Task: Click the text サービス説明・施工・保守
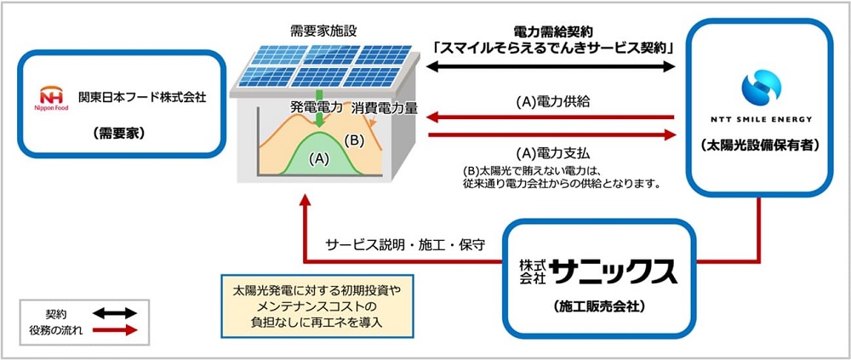(x=406, y=244)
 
